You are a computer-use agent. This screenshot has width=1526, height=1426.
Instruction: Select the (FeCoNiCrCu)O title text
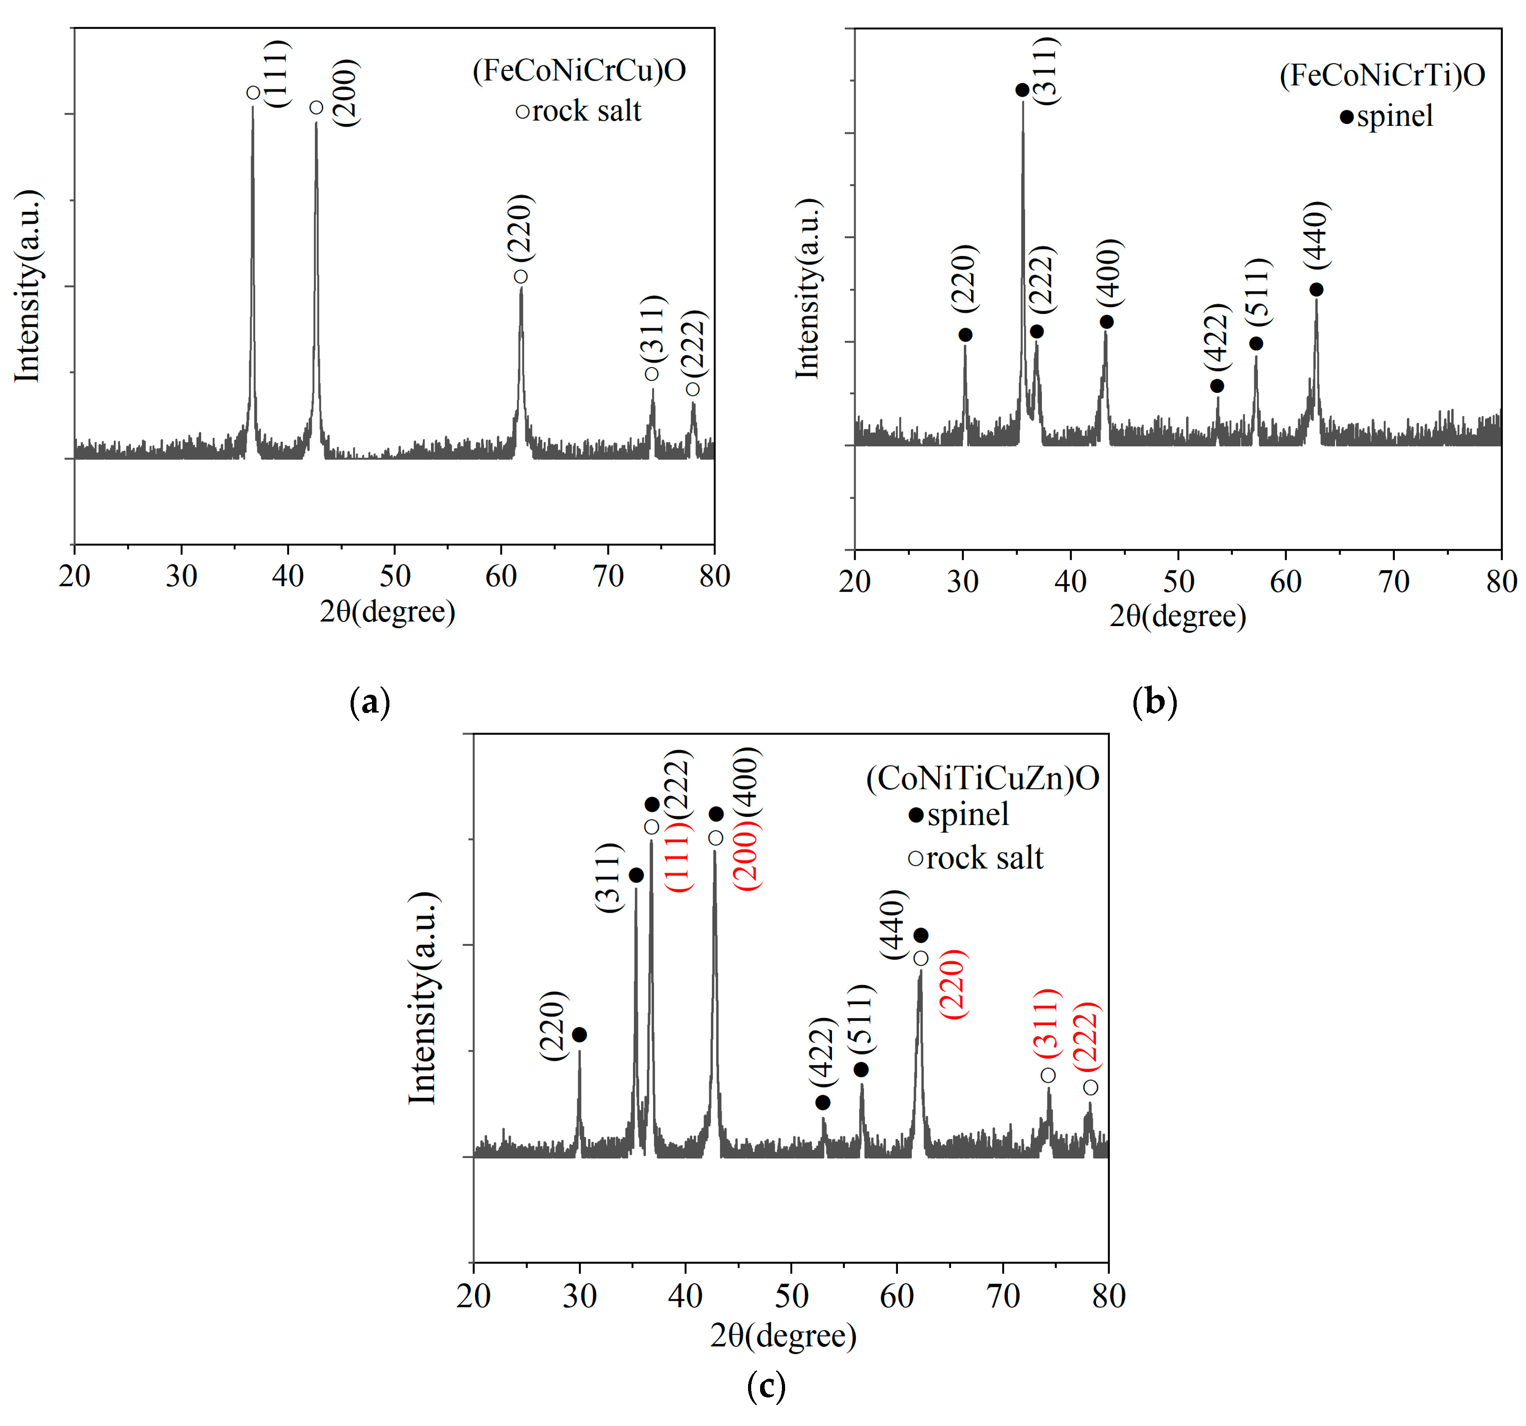tap(579, 70)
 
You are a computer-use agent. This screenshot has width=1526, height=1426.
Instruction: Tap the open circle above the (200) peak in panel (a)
tap(316, 107)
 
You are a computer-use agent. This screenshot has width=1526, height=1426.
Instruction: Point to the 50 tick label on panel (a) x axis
tap(395, 576)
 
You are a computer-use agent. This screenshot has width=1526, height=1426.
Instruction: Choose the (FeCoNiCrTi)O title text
tap(1381, 75)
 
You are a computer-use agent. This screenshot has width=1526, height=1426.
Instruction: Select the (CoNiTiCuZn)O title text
tap(983, 778)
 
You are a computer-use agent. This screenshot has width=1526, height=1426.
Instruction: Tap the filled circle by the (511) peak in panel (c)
tap(861, 1070)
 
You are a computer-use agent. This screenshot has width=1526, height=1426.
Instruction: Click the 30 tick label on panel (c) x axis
tap(579, 1296)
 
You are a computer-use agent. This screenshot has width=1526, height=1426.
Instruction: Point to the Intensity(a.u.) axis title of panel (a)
tap(28, 285)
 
